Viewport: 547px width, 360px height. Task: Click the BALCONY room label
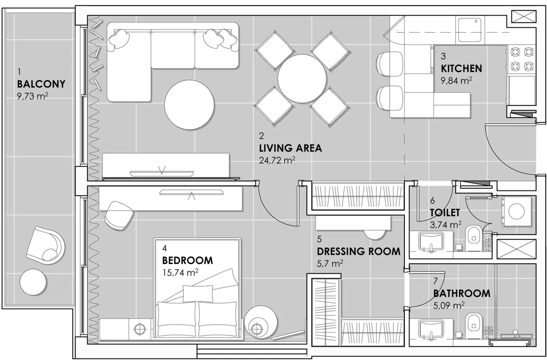41,84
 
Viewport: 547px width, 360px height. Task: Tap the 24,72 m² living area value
277,160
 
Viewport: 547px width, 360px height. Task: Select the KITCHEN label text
461,69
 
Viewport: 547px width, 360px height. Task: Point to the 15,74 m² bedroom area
180,272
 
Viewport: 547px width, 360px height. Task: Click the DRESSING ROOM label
358,251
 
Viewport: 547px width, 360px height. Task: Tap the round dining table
302,79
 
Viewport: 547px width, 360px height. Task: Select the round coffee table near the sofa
189,105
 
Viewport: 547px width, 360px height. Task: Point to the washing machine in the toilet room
517,211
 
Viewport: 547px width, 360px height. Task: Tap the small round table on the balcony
33,282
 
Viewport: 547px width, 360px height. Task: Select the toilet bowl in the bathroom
474,325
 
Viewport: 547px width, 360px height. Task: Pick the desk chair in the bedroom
119,215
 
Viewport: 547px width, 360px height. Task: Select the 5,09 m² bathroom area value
448,306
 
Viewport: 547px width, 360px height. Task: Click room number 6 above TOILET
432,200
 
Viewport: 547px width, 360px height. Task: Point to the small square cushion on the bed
198,293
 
